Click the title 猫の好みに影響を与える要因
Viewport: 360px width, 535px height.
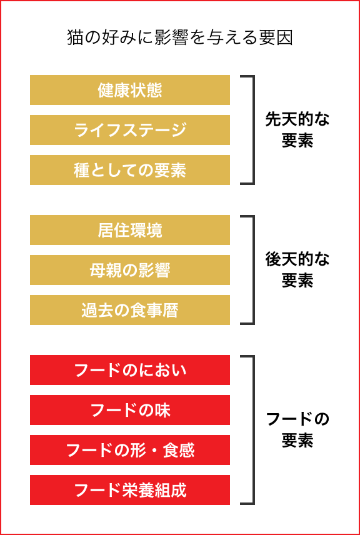pos(180,39)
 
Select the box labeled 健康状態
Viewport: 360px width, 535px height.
pos(130,90)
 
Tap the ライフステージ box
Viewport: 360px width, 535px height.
pos(130,130)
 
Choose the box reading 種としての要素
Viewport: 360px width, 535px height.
pos(130,170)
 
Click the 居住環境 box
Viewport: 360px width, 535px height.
pos(130,230)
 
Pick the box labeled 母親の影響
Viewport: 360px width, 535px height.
pos(130,270)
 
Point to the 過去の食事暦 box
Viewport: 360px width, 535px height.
pos(130,310)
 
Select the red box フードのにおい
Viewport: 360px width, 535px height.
pos(130,370)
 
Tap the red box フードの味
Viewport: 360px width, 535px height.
pos(130,410)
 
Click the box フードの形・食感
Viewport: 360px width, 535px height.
pos(130,450)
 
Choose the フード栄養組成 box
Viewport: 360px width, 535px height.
pos(130,490)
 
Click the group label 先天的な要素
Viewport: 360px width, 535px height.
pos(297,131)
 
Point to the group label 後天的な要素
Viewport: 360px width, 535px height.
pos(297,271)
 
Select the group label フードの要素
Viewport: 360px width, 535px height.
pos(297,430)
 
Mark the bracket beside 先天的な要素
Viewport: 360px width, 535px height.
pos(254,130)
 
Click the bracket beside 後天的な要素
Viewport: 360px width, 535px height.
pos(254,270)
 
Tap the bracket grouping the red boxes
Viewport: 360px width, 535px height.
pos(254,430)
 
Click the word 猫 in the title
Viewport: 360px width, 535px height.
pos(75,39)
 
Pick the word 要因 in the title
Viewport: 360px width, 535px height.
pos(277,39)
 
